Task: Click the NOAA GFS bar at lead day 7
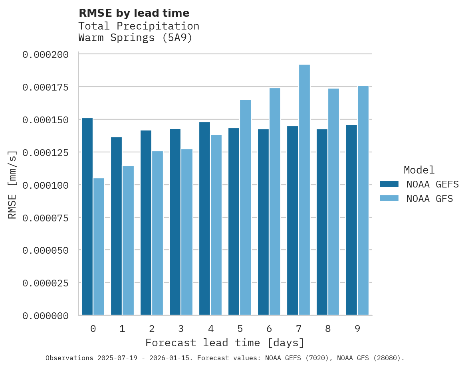pos(304,190)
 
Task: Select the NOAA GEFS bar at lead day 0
pos(87,217)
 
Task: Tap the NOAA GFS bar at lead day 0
pos(99,247)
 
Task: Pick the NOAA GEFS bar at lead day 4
pos(204,219)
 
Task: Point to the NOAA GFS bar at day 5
pos(246,207)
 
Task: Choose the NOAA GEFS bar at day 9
pos(351,220)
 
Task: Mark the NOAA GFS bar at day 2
pos(157,233)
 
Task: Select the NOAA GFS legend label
pos(430,198)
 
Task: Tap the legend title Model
pos(419,170)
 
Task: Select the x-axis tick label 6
pos(269,329)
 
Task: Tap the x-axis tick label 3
pos(181,329)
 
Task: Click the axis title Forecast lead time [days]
pos(225,343)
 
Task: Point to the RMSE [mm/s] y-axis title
pos(12,185)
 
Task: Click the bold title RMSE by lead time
pos(134,13)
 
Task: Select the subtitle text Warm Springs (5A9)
pos(135,38)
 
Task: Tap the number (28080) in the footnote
pos(387,358)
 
